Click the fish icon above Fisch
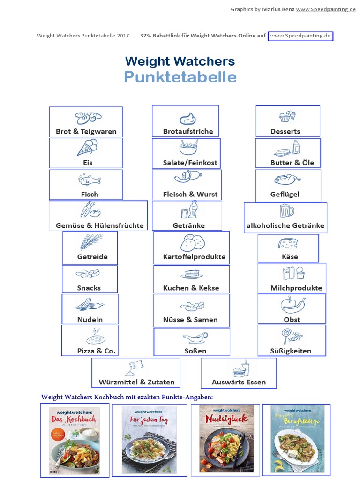[89, 180]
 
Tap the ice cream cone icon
[88, 147]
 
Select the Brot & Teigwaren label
[86, 131]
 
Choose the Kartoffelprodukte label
[194, 257]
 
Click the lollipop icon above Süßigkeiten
[291, 336]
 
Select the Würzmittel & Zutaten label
[136, 382]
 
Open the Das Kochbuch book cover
[74, 440]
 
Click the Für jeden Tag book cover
[149, 440]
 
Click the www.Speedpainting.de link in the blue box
[300, 36]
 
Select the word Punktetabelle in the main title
[180, 77]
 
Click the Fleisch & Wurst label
[190, 194]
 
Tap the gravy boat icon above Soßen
[195, 337]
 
